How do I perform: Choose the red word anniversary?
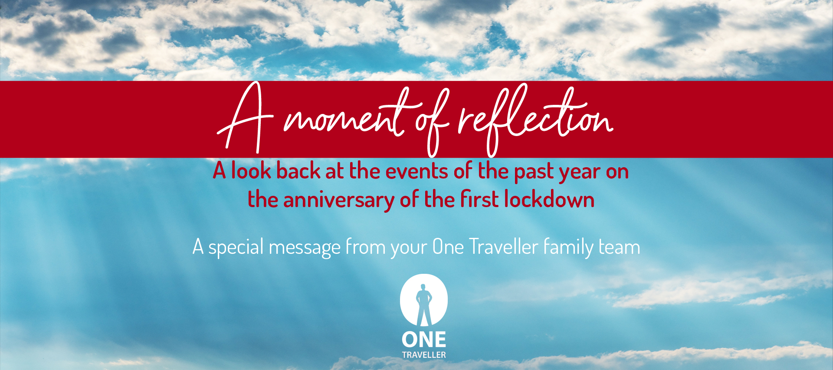coord(338,201)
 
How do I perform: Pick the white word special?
coord(236,247)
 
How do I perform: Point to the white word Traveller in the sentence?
coord(504,247)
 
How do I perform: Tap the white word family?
coord(568,247)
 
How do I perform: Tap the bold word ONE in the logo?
coord(424,340)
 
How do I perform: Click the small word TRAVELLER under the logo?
coord(424,355)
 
